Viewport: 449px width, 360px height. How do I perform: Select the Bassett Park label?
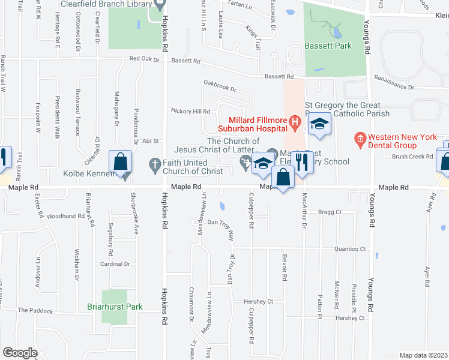coord(328,46)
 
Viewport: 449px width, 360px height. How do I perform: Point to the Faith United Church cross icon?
coord(154,163)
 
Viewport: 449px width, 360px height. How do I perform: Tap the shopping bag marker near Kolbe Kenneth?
coord(121,162)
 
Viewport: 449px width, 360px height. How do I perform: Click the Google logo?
coord(20,353)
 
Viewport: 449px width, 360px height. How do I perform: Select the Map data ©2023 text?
coord(424,355)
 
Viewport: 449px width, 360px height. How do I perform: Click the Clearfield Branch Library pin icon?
coord(160,4)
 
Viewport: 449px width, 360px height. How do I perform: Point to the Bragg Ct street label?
coord(330,212)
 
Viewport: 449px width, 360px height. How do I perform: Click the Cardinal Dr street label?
coord(115,263)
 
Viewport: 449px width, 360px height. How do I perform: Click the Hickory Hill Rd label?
coord(190,111)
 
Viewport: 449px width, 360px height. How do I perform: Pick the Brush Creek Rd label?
coord(412,156)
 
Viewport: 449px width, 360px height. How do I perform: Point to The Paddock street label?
coord(35,311)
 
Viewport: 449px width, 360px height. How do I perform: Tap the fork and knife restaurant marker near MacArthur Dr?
coord(302,162)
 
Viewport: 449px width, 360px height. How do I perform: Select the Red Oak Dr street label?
coord(145,59)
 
